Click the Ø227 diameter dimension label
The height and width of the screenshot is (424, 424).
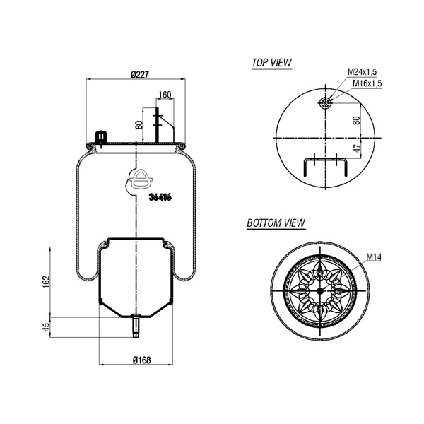(140, 74)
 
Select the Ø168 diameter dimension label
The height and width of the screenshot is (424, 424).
(141, 360)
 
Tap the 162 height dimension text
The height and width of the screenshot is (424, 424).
(47, 281)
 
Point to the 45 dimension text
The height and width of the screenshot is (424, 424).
(47, 327)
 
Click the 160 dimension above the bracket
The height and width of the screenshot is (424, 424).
(165, 95)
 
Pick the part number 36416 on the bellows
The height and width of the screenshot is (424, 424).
(160, 198)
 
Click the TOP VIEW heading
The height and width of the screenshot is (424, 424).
(272, 63)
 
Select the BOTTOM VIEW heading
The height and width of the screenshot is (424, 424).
(276, 223)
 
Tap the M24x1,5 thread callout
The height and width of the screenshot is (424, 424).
(362, 72)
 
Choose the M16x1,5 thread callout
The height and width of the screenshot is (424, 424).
(367, 83)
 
